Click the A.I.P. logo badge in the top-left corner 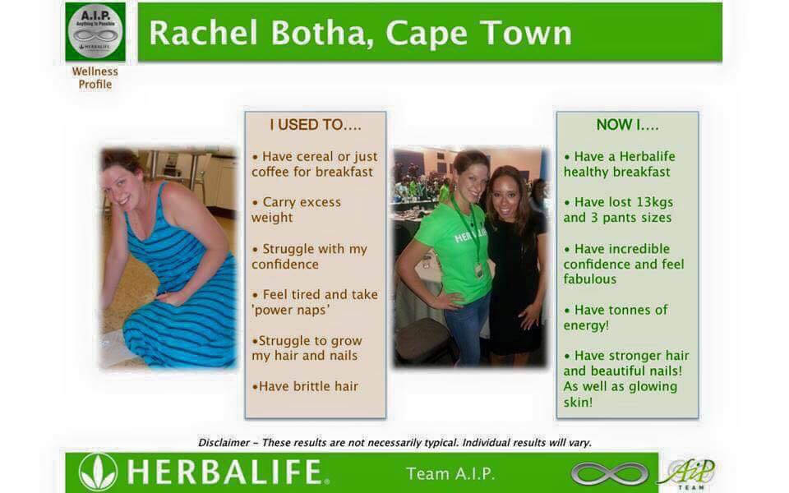point(95,31)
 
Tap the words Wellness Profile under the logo point(95,77)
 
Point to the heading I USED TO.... point(315,125)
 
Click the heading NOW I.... point(627,125)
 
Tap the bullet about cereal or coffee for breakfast point(314,164)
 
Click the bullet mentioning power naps point(315,302)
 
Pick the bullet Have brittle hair point(306,386)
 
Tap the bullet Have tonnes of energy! point(616,317)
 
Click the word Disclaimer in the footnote point(224,443)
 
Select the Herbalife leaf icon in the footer point(98,472)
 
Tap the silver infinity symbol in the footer point(609,473)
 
